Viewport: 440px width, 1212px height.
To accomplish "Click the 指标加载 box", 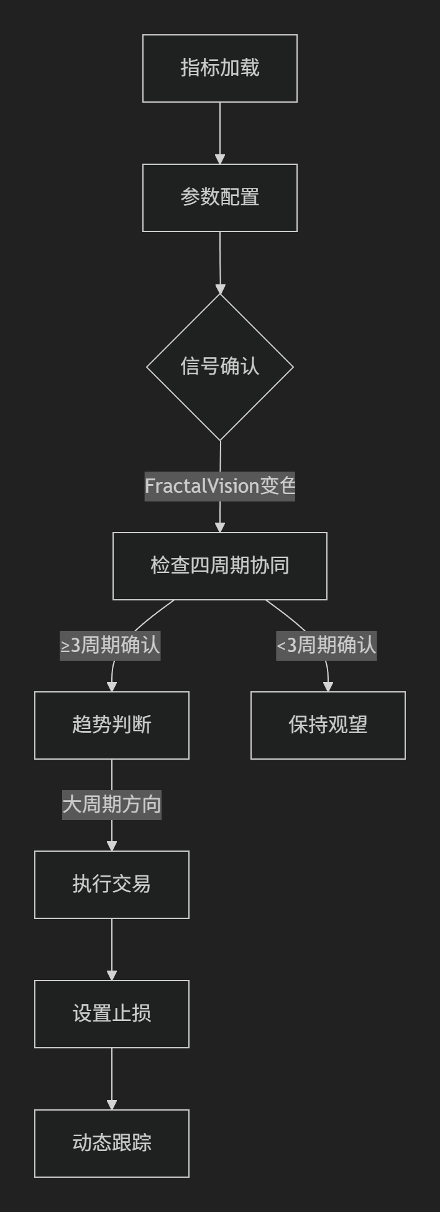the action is (x=220, y=68).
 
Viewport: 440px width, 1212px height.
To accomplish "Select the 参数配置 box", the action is (x=220, y=198).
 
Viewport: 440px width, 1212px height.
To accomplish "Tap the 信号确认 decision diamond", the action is (x=220, y=367).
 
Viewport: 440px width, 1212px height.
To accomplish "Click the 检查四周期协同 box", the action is (x=220, y=566).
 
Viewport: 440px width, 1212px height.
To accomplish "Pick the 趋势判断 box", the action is (x=112, y=725).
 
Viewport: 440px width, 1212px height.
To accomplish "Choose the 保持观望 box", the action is (x=328, y=725).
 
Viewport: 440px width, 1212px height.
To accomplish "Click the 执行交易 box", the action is (x=112, y=885).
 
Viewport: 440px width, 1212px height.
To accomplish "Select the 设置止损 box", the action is (x=112, y=1014).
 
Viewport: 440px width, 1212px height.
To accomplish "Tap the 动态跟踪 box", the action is (x=112, y=1144).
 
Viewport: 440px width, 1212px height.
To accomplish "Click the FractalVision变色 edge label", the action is (x=220, y=485).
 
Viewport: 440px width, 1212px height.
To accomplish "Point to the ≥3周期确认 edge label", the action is (x=110, y=645).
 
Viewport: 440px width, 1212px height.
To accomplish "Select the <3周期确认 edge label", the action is (x=327, y=645).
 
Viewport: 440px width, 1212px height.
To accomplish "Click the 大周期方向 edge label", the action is (x=112, y=804).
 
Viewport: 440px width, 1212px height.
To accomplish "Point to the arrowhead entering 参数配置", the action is (x=220, y=159).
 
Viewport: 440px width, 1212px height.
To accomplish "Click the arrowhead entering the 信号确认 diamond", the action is (x=220, y=289).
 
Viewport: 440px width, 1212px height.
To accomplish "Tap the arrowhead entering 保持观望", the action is (x=328, y=687).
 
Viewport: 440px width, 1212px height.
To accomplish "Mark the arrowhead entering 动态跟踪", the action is (x=112, y=1105).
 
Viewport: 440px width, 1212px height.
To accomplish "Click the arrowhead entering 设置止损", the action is (x=112, y=976).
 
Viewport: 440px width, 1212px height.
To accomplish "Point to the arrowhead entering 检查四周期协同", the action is (x=220, y=528).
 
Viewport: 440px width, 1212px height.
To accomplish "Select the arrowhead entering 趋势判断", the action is (x=112, y=687).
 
